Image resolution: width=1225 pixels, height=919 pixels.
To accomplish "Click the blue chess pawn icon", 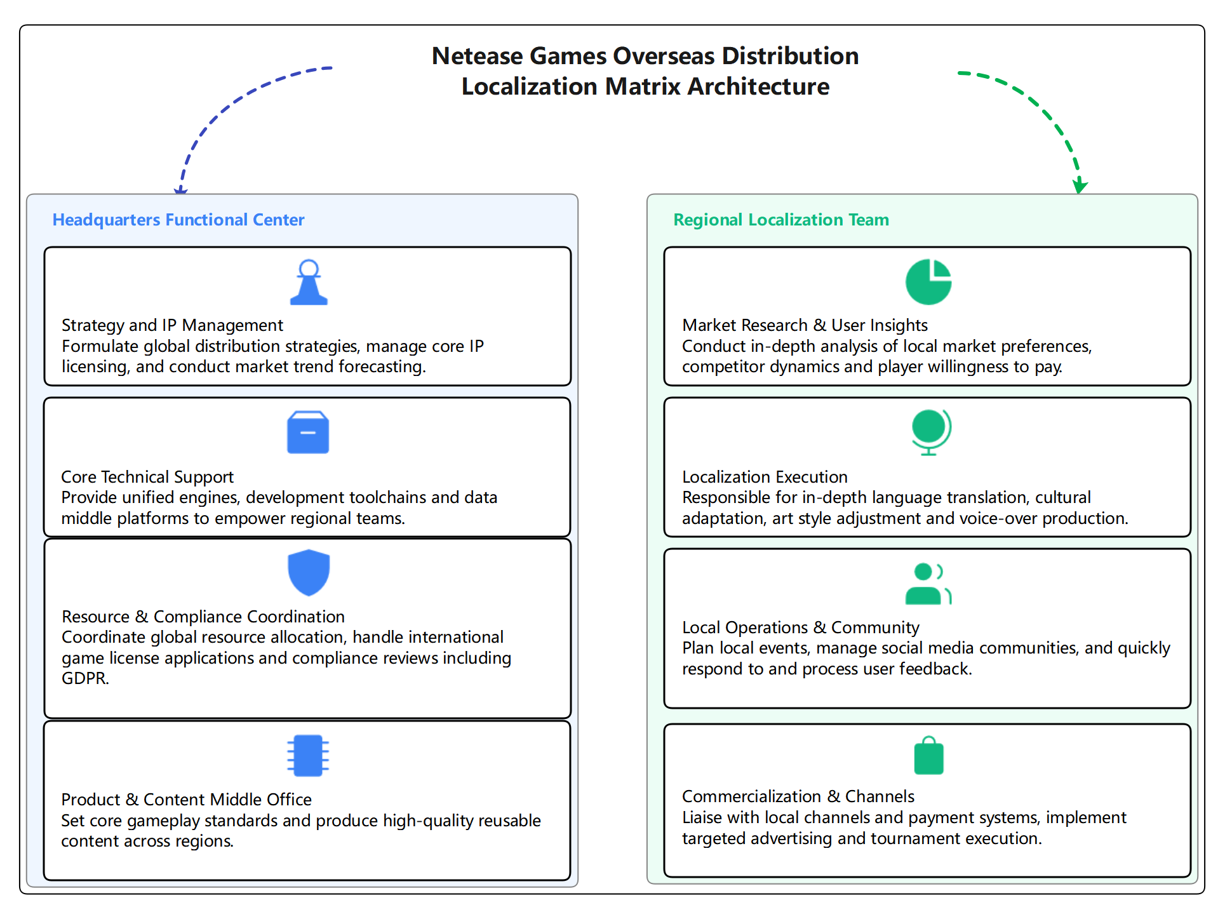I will click(309, 283).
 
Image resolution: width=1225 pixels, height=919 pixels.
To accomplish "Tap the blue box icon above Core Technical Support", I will click(308, 433).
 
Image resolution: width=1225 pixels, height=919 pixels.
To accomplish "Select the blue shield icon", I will click(309, 572).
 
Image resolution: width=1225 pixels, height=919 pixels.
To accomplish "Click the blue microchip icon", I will click(308, 756).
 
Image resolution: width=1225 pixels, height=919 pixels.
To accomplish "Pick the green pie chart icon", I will click(928, 282).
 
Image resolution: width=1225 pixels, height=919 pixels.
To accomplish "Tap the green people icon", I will click(928, 584).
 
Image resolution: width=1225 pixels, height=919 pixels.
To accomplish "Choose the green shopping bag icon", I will click(928, 756).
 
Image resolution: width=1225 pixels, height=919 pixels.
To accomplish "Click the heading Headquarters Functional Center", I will click(178, 220).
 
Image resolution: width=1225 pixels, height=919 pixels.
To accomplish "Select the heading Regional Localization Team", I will click(781, 220).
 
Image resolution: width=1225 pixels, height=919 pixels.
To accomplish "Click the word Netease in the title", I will click(478, 57).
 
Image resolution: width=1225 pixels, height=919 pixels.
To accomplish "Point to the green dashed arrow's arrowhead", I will click(1080, 187).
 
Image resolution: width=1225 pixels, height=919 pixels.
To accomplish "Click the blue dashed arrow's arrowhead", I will click(181, 189).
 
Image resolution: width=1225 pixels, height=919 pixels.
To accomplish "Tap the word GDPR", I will click(85, 678).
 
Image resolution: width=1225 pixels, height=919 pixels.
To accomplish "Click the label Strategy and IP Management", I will click(172, 325).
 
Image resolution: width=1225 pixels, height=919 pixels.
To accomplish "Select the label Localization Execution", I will click(765, 477).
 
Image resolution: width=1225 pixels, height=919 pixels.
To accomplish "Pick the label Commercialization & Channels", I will click(798, 796).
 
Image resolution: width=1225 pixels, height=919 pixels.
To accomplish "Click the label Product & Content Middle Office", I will click(186, 800).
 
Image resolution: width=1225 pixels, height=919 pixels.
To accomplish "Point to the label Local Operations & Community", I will click(800, 627).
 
